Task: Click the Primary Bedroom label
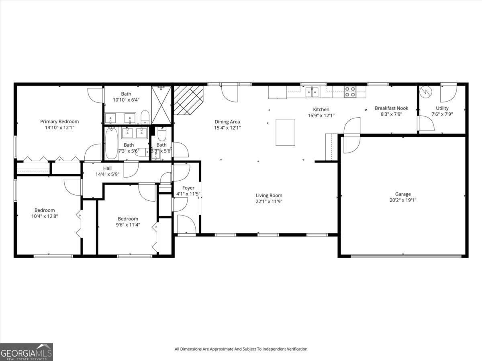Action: pyautogui.click(x=59, y=121)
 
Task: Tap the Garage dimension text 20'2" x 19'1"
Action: pyautogui.click(x=403, y=200)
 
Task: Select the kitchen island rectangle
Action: pyautogui.click(x=285, y=132)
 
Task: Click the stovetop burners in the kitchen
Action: pyautogui.click(x=350, y=92)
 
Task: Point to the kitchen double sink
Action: pyautogui.click(x=312, y=92)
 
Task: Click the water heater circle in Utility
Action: pyautogui.click(x=425, y=92)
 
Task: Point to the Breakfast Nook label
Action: pyautogui.click(x=391, y=108)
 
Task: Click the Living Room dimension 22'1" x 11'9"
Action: pyautogui.click(x=269, y=202)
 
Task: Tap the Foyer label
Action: pyautogui.click(x=188, y=188)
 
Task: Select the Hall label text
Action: pyautogui.click(x=107, y=168)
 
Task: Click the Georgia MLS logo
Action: pyautogui.click(x=27, y=352)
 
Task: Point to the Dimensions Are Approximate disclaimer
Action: pyautogui.click(x=241, y=349)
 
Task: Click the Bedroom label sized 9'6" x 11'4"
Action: pyautogui.click(x=128, y=219)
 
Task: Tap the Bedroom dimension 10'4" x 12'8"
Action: pyautogui.click(x=45, y=216)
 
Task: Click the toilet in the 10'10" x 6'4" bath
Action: pyautogui.click(x=145, y=117)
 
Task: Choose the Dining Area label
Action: pyautogui.click(x=227, y=122)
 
